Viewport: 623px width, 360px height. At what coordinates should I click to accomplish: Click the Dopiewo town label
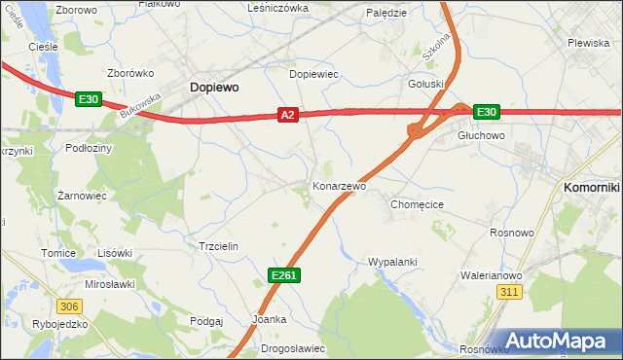click(213, 87)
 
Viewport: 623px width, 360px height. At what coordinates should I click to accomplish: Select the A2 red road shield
click(287, 115)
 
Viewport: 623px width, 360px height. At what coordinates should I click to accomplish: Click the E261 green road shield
click(283, 276)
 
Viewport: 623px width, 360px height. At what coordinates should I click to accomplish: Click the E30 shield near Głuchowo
click(487, 112)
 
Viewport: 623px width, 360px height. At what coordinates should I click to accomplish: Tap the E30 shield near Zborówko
click(89, 98)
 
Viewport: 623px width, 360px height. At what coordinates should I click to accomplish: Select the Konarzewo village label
click(339, 185)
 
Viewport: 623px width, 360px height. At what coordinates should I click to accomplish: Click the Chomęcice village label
click(417, 204)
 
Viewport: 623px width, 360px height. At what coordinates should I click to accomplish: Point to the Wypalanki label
click(392, 262)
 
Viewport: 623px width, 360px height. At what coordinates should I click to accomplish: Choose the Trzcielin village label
click(218, 246)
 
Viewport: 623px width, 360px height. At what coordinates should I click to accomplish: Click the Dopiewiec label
click(313, 73)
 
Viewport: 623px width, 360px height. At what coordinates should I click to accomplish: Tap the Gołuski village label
click(425, 84)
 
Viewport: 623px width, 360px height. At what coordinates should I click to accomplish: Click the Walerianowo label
click(491, 275)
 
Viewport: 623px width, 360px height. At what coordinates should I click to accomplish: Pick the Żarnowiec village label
click(82, 195)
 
